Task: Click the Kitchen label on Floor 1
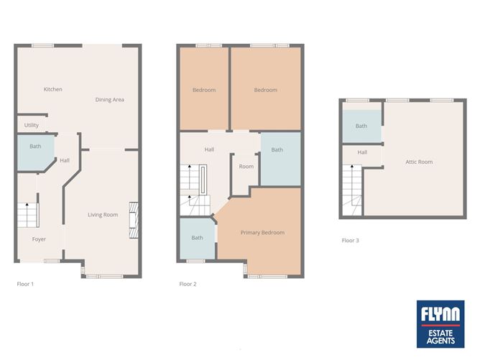tap(53, 89)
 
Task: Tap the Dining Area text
tap(110, 100)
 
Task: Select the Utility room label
tap(32, 125)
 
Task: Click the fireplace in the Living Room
tap(134, 220)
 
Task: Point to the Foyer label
tap(39, 239)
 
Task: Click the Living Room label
tap(103, 215)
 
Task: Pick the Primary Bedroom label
tap(263, 233)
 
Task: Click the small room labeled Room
tap(245, 173)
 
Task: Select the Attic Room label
tap(419, 162)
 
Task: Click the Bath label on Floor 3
tap(361, 126)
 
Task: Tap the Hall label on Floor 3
tap(362, 152)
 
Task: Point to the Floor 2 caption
tap(188, 284)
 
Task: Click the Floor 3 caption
tap(350, 241)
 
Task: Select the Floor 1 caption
tap(25, 284)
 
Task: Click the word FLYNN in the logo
tap(440, 314)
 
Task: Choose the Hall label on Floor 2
tap(209, 149)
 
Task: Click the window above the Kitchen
tap(43, 46)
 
